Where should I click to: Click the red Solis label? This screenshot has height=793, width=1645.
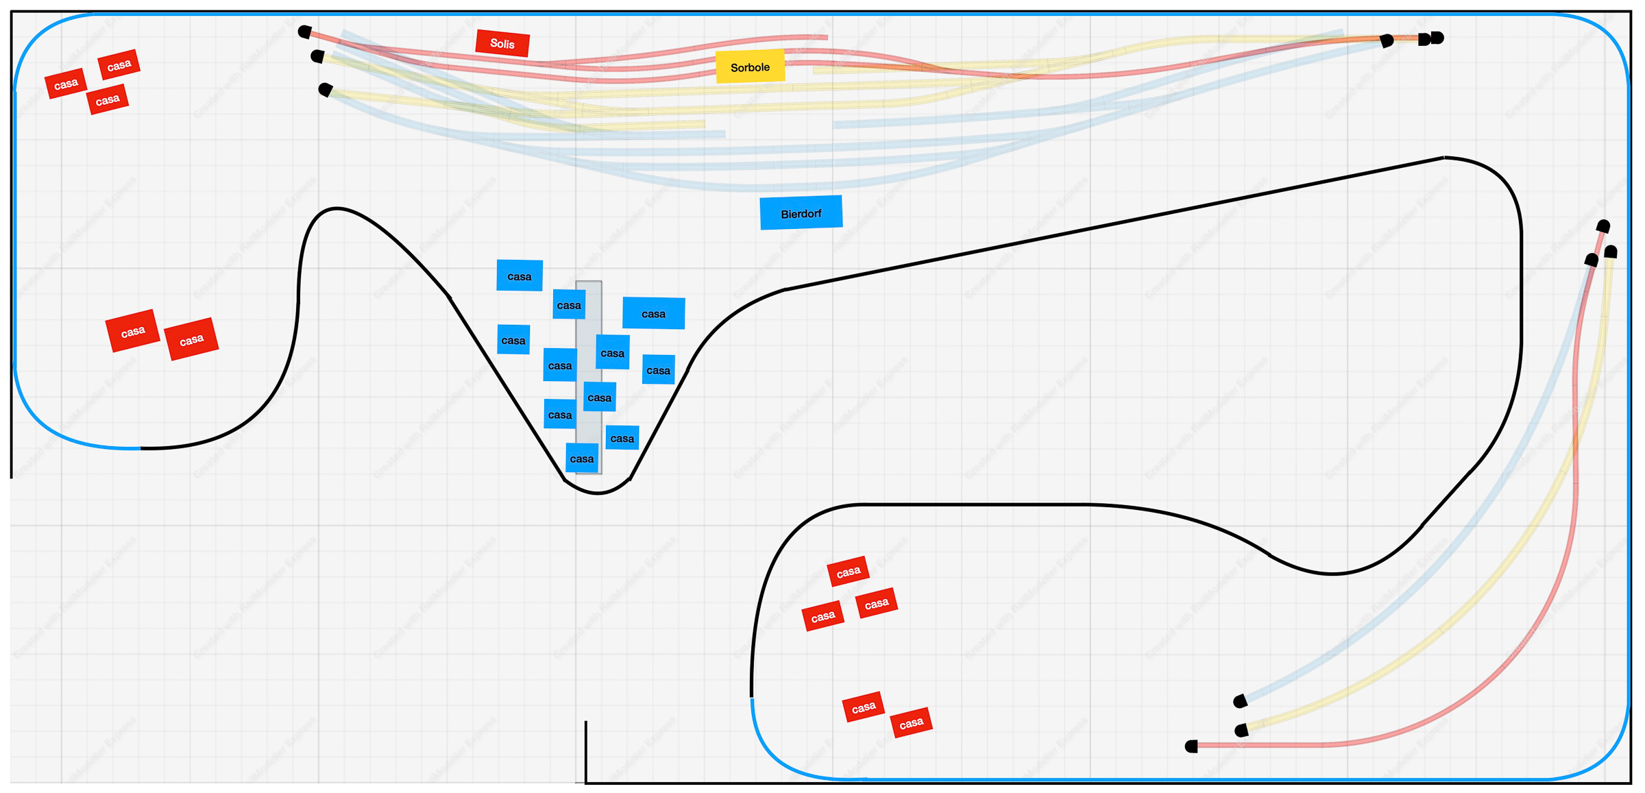click(502, 44)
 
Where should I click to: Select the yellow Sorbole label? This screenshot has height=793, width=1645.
click(750, 67)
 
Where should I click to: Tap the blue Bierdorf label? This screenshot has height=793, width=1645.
click(801, 213)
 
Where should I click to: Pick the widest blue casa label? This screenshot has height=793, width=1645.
click(653, 313)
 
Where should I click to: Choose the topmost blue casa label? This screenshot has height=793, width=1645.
click(520, 276)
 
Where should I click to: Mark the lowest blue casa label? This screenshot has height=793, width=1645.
click(582, 459)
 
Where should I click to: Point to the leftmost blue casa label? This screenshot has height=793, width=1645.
click(513, 340)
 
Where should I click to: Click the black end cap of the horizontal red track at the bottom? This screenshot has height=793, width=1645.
click(1192, 746)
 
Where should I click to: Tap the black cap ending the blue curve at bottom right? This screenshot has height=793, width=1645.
click(1240, 701)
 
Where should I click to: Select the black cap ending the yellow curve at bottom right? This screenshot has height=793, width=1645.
click(1241, 730)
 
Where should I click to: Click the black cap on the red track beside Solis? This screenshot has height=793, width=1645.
click(305, 32)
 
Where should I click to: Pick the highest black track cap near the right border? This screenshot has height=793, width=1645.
click(1603, 225)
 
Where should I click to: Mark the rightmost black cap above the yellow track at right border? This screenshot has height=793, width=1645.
click(1611, 252)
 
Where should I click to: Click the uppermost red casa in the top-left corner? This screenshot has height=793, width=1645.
click(119, 65)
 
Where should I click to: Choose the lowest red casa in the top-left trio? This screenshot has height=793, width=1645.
click(108, 100)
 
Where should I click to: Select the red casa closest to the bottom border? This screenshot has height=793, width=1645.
click(911, 723)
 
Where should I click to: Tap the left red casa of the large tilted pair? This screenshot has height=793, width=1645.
click(133, 332)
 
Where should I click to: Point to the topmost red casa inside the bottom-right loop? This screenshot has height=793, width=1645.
click(848, 572)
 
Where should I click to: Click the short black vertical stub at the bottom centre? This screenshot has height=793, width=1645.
click(586, 751)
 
